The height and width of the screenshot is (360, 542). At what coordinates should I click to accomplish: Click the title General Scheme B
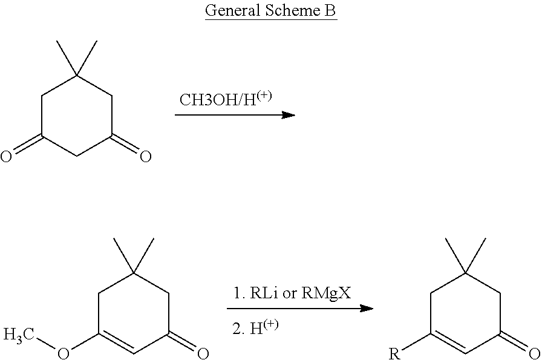(270, 11)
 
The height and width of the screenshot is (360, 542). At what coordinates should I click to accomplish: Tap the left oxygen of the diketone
(6, 158)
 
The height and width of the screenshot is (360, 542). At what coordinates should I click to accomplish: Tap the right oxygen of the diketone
(145, 158)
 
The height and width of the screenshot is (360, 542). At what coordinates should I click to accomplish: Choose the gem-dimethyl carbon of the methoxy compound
(133, 273)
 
